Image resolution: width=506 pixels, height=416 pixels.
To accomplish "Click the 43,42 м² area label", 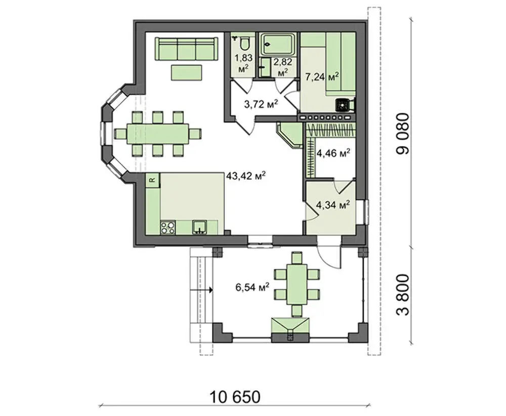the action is pyautogui.click(x=246, y=176).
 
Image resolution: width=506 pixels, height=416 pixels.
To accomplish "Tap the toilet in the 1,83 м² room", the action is pyautogui.click(x=244, y=44).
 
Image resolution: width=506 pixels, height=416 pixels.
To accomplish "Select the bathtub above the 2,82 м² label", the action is pyautogui.click(x=278, y=44).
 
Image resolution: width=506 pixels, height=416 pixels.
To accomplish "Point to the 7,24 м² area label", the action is pyautogui.click(x=322, y=77).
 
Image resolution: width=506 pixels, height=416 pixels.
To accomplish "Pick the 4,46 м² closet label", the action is pyautogui.click(x=333, y=153).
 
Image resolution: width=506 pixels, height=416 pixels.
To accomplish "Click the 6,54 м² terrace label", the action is pyautogui.click(x=252, y=287).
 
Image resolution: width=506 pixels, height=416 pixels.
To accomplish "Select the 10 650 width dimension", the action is pyautogui.click(x=235, y=397).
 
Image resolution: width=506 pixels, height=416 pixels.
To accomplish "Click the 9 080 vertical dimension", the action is pyautogui.click(x=403, y=134).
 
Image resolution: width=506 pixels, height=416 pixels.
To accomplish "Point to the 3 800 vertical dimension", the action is pyautogui.click(x=403, y=295).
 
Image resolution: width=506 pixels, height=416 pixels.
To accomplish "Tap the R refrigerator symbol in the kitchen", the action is pyautogui.click(x=153, y=180).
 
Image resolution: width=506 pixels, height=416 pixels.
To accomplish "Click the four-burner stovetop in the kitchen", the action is pyautogui.click(x=168, y=227).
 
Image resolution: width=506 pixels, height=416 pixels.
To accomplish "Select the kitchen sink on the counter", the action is pyautogui.click(x=200, y=227).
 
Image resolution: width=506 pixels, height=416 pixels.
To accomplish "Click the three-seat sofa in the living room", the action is pyautogui.click(x=186, y=49).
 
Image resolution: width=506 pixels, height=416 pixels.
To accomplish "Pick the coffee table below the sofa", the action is pyautogui.click(x=187, y=72).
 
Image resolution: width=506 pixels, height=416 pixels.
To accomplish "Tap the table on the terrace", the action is pyautogui.click(x=297, y=284).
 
